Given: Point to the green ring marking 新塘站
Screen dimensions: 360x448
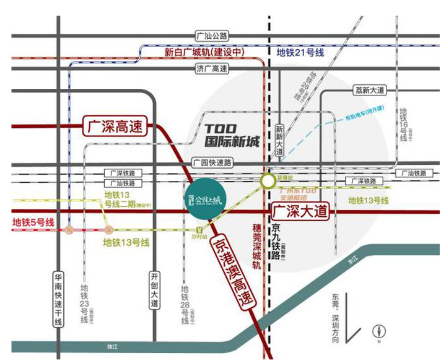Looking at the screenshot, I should point(268,181).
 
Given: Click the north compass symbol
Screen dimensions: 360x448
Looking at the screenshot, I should point(379,331).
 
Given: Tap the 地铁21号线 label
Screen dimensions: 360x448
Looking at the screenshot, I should point(300,52).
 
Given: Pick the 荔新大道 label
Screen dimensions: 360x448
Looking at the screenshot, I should point(368,90).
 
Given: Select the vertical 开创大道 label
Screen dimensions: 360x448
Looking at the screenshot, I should point(154,290).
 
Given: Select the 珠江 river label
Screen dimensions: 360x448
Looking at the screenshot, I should point(110,345).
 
